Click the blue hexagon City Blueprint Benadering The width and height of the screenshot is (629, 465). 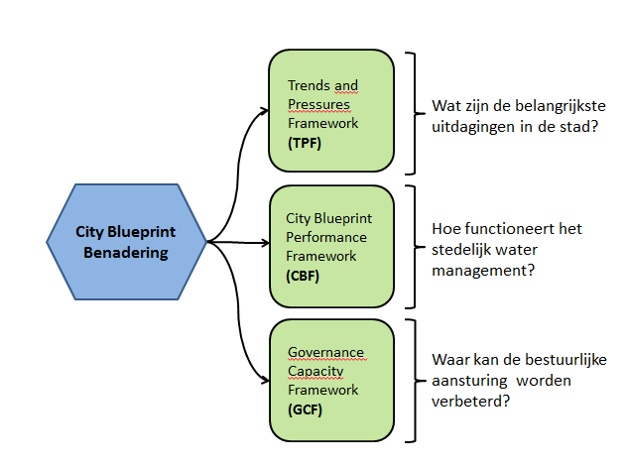(x=126, y=242)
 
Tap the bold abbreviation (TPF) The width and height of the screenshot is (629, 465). (x=305, y=143)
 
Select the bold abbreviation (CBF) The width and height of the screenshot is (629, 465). (x=303, y=276)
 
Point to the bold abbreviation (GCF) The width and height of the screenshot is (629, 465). (x=305, y=409)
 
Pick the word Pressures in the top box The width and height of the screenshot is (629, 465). (x=318, y=104)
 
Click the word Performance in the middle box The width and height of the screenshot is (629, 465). (x=326, y=237)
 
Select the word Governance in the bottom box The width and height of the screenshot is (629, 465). (x=325, y=352)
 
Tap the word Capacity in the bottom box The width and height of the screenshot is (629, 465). (x=315, y=371)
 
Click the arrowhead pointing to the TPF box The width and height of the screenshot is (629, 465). (x=265, y=111)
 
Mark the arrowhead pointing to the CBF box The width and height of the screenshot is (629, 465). (x=265, y=243)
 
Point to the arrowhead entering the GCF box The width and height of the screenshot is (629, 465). (x=265, y=381)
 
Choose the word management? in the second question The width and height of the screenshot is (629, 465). (x=483, y=271)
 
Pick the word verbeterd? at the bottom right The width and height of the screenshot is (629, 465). (x=470, y=401)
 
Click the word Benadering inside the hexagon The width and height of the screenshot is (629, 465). (x=126, y=253)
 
